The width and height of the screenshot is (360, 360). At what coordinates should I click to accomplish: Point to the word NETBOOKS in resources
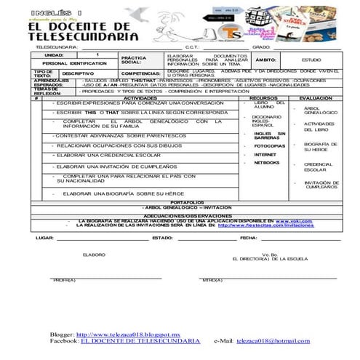coord(265,163)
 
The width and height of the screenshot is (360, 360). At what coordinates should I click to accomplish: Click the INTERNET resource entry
coord(264,154)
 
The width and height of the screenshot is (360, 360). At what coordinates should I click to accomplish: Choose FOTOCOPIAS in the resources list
coord(268,145)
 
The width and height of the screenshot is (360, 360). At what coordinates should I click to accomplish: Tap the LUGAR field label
coord(44,238)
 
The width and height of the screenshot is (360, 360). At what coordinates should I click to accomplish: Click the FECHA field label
coord(249,238)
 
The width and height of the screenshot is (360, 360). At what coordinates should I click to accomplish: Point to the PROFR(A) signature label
coord(64,280)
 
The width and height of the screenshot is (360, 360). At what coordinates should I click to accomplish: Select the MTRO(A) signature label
coord(213,280)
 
